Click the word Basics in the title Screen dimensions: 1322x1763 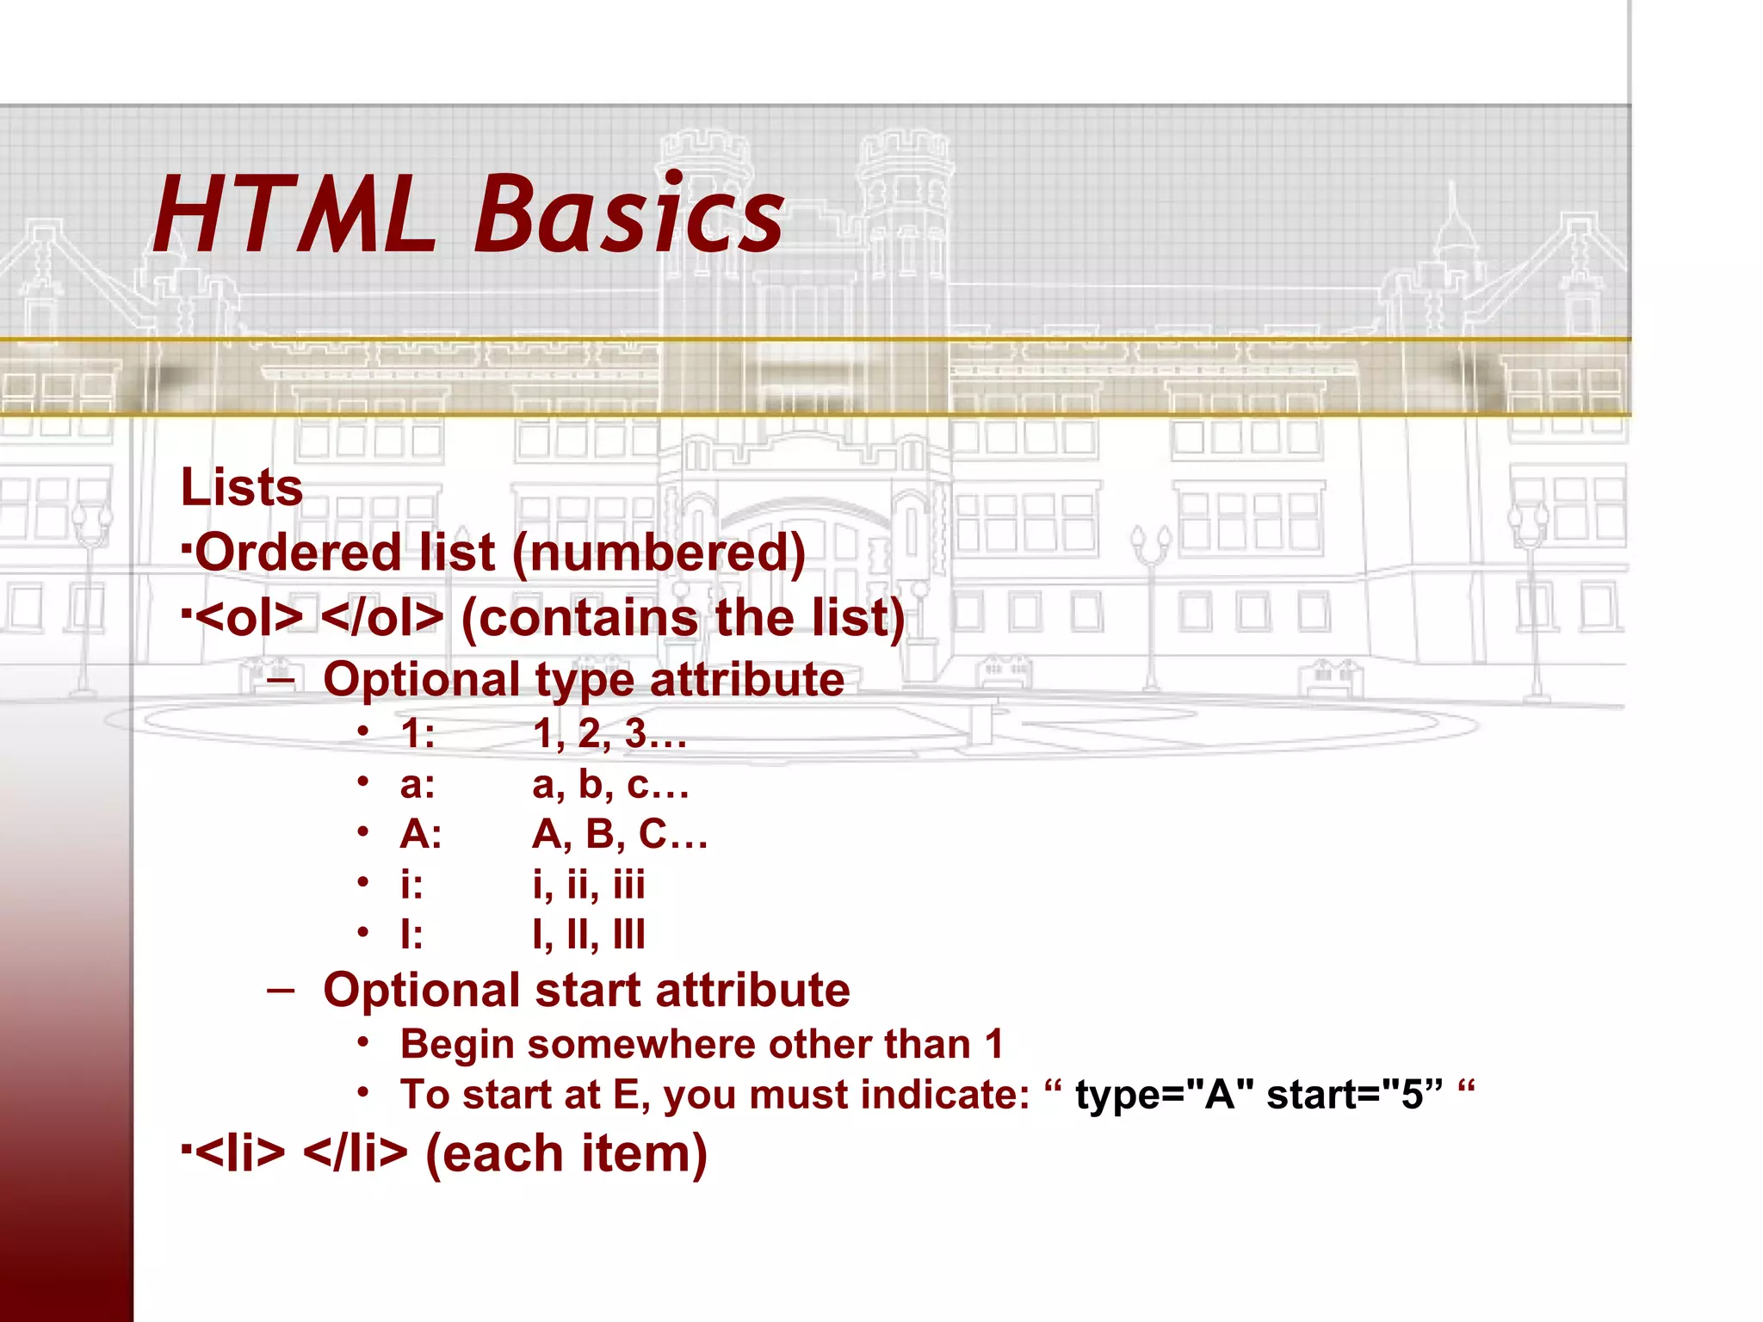click(x=628, y=214)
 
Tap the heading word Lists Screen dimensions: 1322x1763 click(x=242, y=487)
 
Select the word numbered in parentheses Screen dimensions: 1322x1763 click(x=659, y=553)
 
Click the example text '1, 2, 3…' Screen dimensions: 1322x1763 click(x=609, y=734)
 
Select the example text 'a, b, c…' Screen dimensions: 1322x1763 click(x=609, y=784)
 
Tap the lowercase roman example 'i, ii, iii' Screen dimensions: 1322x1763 click(x=588, y=884)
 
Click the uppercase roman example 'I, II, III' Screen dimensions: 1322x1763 click(x=588, y=934)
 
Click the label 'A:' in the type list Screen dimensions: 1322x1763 click(x=421, y=834)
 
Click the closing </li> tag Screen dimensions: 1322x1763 click(x=356, y=1153)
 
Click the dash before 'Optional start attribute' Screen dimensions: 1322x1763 click(x=281, y=991)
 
